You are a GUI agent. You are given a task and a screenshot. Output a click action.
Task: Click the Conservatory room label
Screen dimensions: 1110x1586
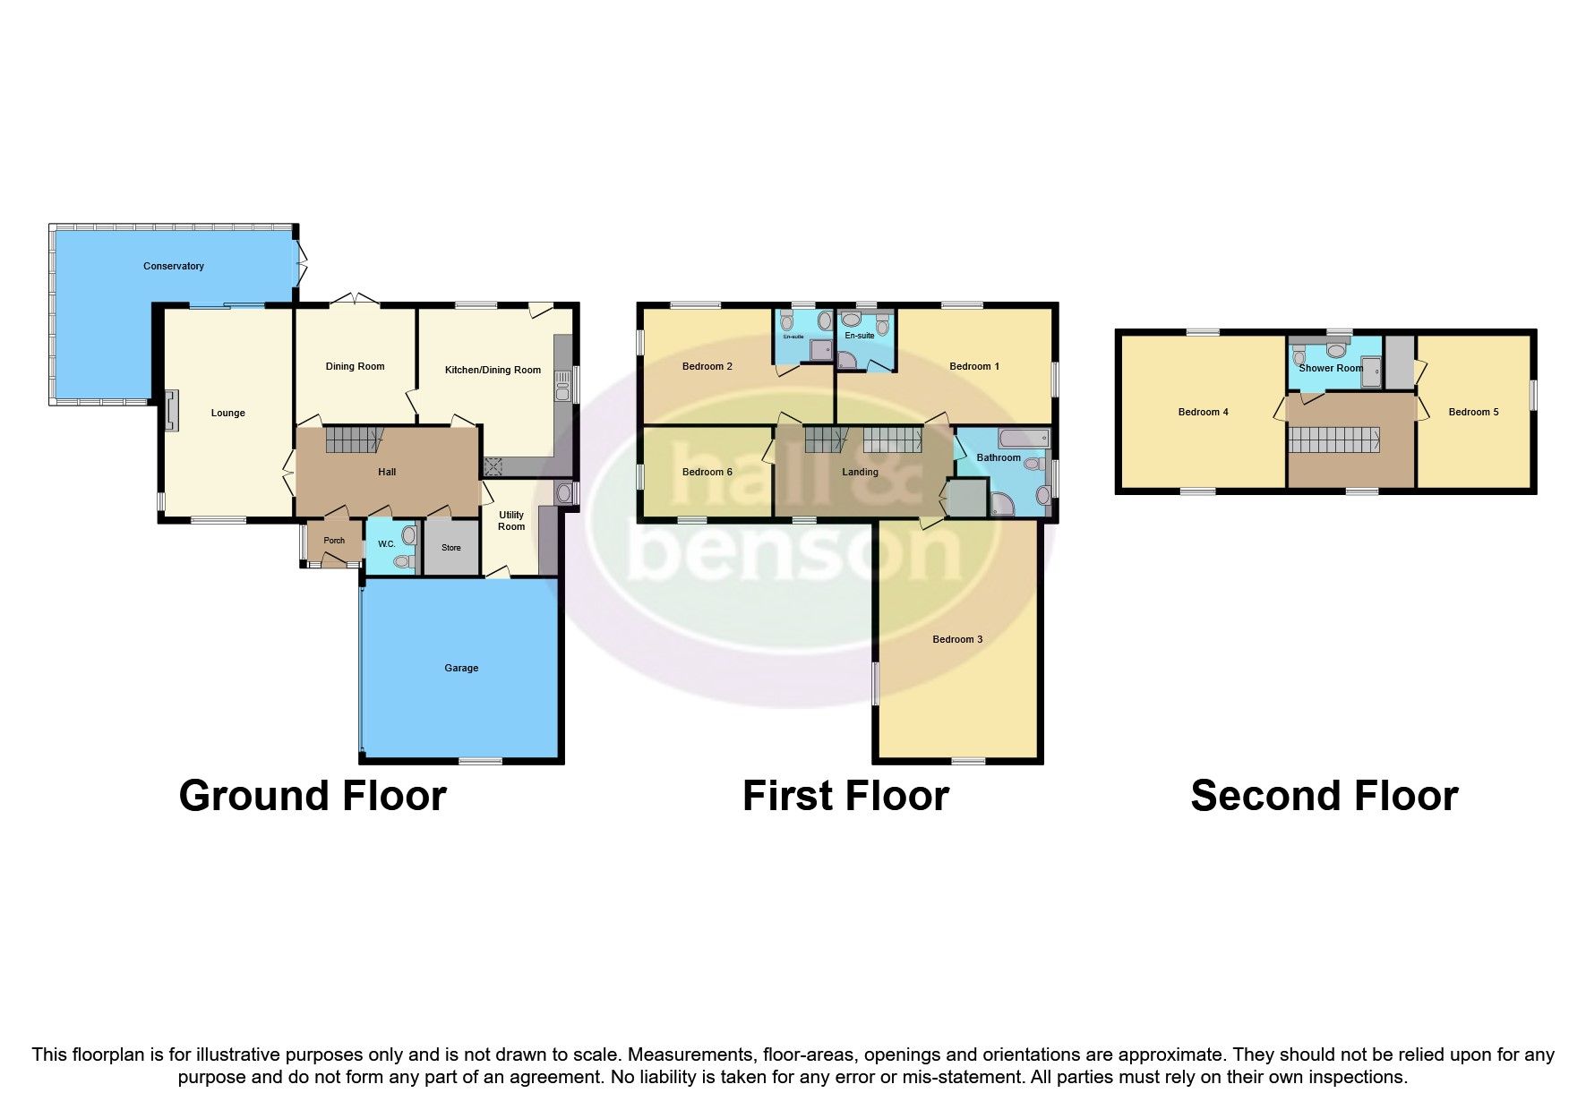tap(174, 266)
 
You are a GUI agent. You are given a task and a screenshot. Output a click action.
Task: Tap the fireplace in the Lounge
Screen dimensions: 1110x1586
tap(171, 412)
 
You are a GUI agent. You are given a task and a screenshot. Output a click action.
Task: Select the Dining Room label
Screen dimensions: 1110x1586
tap(355, 366)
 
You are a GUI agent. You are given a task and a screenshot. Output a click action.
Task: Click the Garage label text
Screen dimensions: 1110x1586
tap(461, 668)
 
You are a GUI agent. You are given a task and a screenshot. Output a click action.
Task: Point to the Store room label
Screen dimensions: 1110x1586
tap(450, 548)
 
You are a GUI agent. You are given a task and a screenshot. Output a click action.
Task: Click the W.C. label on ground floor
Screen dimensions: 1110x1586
tap(386, 544)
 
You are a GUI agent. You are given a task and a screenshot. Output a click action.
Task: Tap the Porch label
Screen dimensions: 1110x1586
tap(334, 541)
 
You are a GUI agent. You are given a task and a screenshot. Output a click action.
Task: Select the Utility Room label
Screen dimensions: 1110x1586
tap(511, 521)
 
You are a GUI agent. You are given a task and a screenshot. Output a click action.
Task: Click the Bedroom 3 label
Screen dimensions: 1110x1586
tap(957, 639)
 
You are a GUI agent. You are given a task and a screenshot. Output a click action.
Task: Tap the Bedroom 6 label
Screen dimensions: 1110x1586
tap(707, 472)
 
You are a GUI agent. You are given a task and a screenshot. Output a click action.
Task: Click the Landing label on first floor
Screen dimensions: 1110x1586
tap(860, 472)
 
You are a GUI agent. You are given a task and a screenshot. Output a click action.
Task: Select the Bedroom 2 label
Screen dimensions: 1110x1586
tap(707, 366)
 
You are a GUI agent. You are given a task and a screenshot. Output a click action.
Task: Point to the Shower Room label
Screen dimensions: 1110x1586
tap(1331, 368)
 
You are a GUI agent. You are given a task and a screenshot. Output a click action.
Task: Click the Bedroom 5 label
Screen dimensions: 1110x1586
tap(1473, 412)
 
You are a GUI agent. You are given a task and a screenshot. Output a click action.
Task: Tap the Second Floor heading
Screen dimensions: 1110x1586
tap(1324, 796)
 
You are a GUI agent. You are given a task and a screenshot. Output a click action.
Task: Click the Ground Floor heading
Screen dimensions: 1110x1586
tap(313, 796)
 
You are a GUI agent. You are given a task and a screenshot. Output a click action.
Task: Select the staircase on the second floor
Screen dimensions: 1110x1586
tap(1334, 441)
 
